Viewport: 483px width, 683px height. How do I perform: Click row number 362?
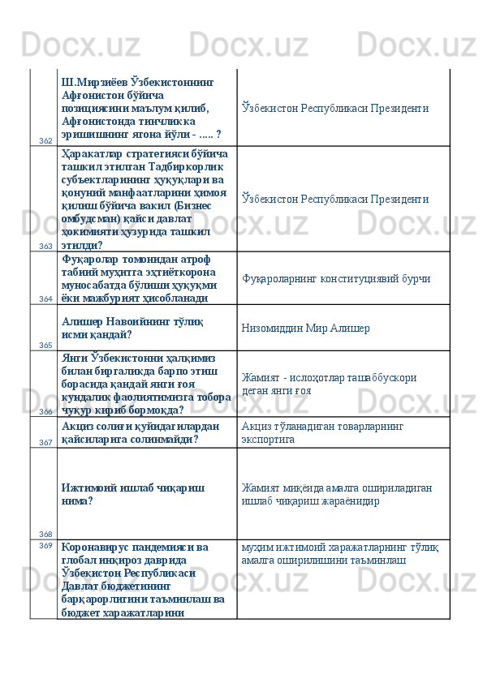(45, 141)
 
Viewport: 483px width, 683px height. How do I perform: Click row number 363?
(45, 246)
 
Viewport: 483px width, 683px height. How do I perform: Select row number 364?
(45, 299)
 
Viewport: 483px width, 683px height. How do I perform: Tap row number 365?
(45, 345)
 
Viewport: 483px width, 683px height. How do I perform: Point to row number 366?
(45, 411)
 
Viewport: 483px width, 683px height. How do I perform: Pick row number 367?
(45, 442)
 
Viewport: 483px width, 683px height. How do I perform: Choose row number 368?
(45, 534)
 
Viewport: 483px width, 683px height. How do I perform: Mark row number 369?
(45, 545)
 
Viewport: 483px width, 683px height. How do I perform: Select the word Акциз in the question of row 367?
(79, 426)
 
